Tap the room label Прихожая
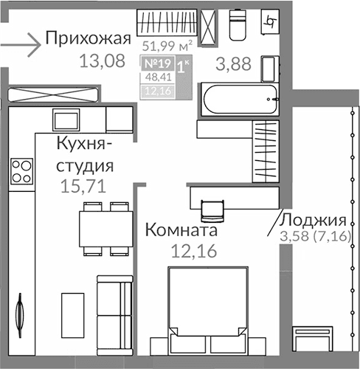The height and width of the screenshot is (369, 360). tap(88, 38)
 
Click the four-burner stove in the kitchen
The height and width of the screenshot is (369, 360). tap(22, 171)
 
